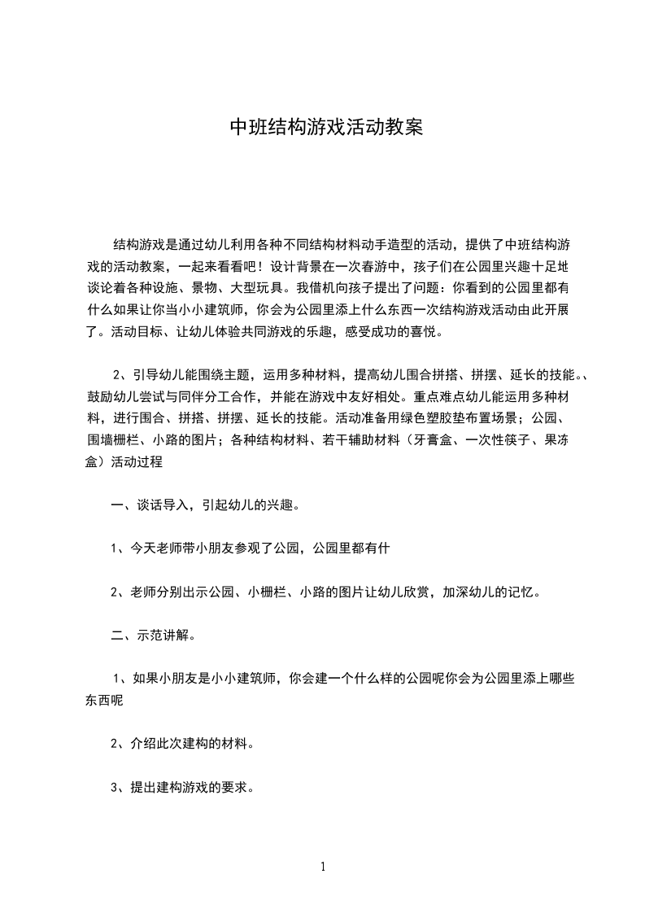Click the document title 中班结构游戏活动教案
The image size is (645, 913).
pos(326,129)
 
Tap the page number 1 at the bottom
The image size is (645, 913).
pos(323,867)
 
